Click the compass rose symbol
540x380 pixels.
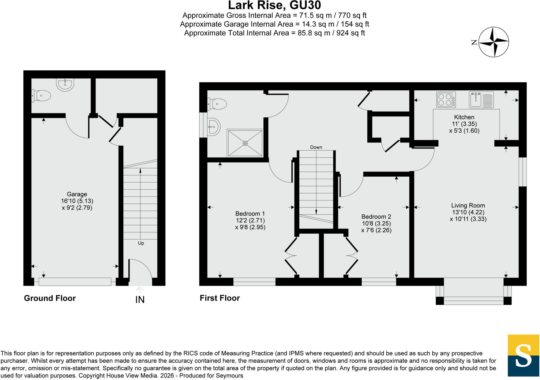(493, 42)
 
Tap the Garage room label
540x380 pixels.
(77, 194)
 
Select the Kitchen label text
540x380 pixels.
(464, 117)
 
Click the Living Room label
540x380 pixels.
(468, 205)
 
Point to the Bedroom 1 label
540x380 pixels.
(250, 214)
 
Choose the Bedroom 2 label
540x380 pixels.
(376, 217)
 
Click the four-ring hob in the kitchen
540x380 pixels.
(446, 100)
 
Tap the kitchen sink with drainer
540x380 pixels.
(481, 100)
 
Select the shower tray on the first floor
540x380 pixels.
(245, 143)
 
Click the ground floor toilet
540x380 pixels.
(41, 96)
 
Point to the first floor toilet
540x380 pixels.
(217, 104)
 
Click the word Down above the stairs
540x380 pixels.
(316, 147)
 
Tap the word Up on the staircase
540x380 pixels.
(141, 243)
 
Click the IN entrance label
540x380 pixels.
(140, 300)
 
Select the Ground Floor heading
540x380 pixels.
(50, 298)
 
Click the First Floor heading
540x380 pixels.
(220, 298)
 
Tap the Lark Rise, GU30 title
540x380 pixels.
(274, 5)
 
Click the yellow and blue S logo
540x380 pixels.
(523, 356)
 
